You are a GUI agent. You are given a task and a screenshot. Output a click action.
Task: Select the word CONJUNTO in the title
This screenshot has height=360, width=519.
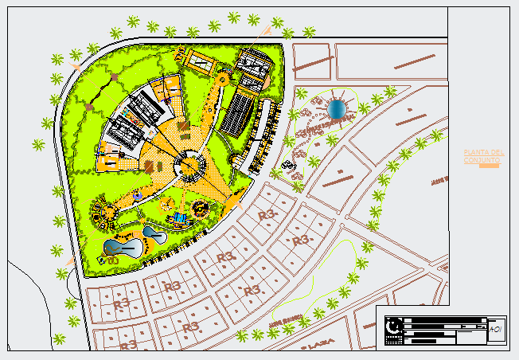click(x=482, y=160)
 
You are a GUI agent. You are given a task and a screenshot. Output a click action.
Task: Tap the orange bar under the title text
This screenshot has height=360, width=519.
click(x=489, y=166)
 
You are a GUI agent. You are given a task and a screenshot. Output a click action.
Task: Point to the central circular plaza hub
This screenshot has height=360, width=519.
click(x=189, y=165)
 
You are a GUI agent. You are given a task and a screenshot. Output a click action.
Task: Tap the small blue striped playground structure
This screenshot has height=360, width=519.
click(x=181, y=217)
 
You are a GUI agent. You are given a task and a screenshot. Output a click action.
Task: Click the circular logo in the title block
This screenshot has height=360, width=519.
click(x=392, y=326)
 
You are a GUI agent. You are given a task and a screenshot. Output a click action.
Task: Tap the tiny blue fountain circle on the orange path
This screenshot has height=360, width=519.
click(x=139, y=195)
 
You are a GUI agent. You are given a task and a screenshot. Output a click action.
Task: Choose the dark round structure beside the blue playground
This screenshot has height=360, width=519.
click(x=199, y=210)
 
